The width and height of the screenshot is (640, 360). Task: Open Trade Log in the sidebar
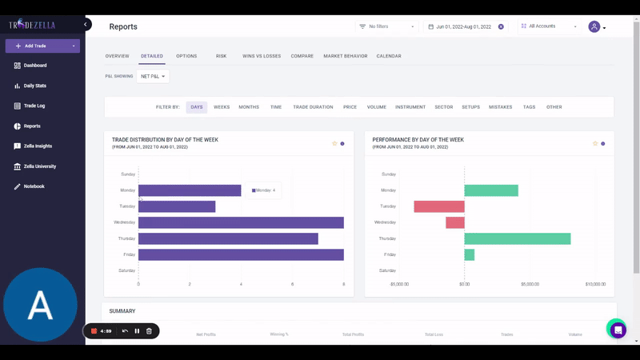(x=34, y=106)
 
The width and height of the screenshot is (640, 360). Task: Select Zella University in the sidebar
(x=39, y=166)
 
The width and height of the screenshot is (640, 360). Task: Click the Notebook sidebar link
(x=34, y=186)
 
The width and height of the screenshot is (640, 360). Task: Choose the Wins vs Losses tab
(x=262, y=56)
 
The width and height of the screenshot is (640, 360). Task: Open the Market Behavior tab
(x=345, y=56)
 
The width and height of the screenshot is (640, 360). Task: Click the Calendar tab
(x=389, y=56)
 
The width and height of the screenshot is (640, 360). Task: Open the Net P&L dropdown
(x=153, y=77)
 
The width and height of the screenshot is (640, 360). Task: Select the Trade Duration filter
(x=313, y=106)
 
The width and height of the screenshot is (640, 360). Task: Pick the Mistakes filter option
(x=500, y=106)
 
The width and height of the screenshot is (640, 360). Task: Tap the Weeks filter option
(x=222, y=106)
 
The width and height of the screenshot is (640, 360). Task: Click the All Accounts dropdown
(x=549, y=26)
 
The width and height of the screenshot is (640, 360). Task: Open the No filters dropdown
(x=388, y=26)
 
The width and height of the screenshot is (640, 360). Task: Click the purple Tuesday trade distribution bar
(x=177, y=206)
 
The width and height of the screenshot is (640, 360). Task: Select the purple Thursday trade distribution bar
(x=228, y=238)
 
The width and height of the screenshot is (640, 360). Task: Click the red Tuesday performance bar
(x=439, y=206)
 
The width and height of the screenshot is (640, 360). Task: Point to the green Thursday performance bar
(x=517, y=238)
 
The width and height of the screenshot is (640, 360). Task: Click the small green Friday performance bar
(x=470, y=254)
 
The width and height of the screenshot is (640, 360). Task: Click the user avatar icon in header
(x=594, y=26)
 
